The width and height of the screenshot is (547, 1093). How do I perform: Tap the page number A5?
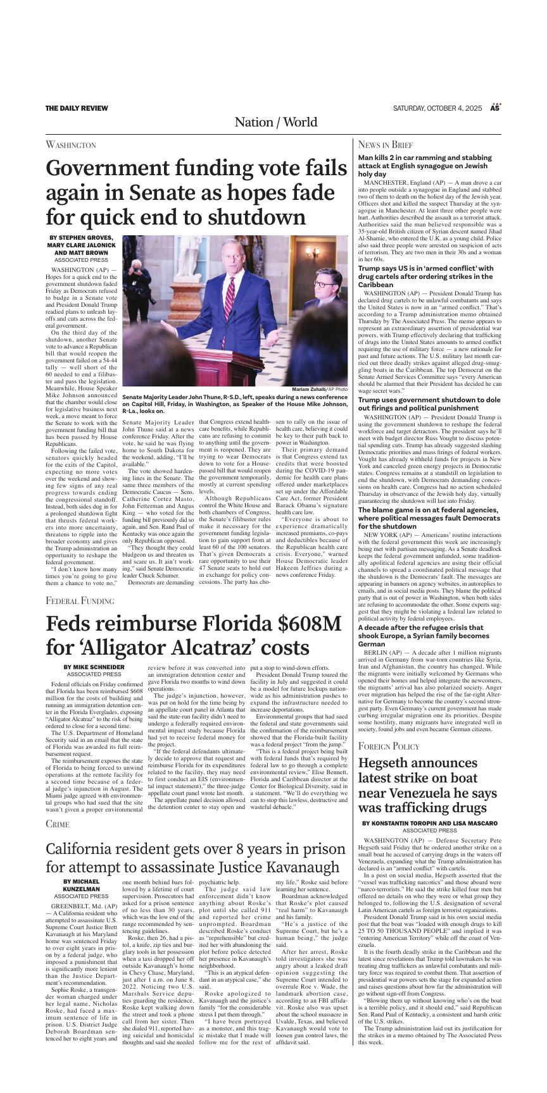(496, 108)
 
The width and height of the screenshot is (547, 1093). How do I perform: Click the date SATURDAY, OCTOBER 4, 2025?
(437, 108)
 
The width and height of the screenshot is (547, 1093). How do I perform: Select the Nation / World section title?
(276, 122)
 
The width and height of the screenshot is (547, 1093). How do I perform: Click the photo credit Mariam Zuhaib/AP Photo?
(320, 388)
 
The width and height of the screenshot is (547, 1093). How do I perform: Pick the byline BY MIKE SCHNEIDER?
(94, 667)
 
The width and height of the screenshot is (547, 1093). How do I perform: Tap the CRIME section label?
(57, 824)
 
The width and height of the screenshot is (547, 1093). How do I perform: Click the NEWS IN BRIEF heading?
(385, 145)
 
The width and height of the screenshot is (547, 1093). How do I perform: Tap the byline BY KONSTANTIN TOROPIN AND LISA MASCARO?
(430, 823)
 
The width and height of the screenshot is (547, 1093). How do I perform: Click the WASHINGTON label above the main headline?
(70, 145)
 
